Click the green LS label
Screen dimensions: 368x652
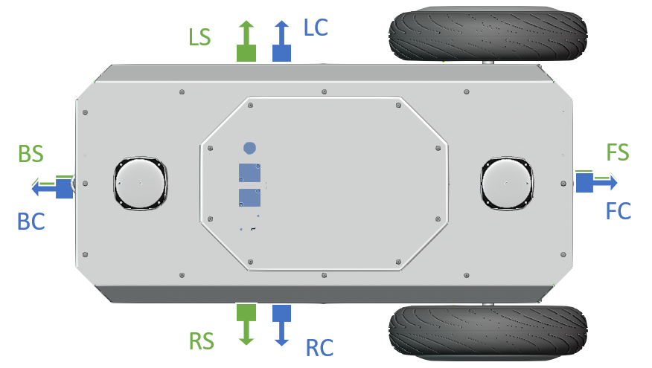click(199, 37)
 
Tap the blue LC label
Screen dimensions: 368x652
click(315, 28)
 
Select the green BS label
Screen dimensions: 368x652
click(31, 155)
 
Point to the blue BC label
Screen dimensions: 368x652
click(31, 221)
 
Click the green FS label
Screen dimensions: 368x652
click(618, 153)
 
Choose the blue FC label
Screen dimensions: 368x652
click(619, 210)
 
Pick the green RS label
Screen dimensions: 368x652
click(201, 342)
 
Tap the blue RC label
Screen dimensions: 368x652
click(319, 346)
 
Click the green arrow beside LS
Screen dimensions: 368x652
click(246, 42)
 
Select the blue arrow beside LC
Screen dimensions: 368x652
click(281, 42)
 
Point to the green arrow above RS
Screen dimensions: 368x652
click(246, 323)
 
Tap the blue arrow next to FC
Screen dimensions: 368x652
click(595, 181)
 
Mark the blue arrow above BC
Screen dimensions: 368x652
click(54, 186)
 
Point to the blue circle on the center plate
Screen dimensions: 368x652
click(250, 147)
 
